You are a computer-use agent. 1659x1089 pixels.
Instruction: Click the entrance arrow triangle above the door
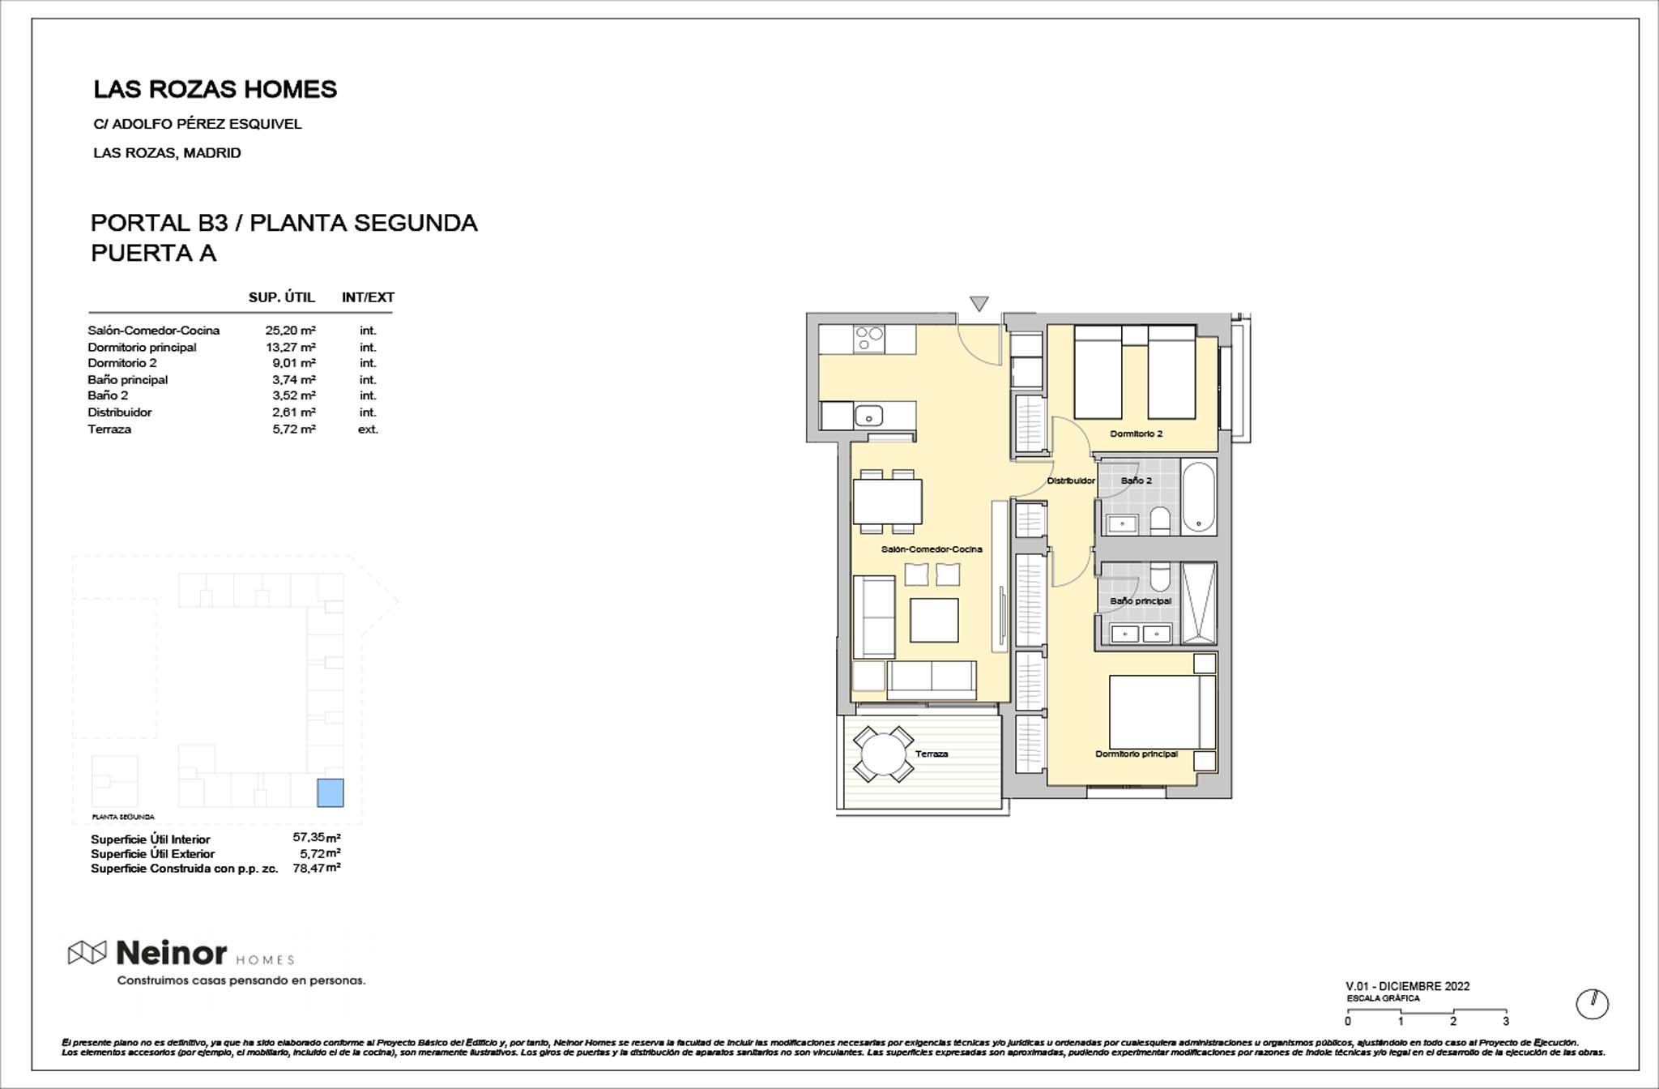pyautogui.click(x=979, y=304)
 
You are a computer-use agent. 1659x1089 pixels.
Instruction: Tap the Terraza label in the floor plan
pyautogui.click(x=932, y=754)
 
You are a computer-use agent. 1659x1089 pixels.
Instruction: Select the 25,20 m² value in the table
pyautogui.click(x=290, y=331)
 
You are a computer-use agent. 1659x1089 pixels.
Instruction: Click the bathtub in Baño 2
pyautogui.click(x=1198, y=497)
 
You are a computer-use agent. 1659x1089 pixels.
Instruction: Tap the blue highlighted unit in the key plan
pyautogui.click(x=330, y=792)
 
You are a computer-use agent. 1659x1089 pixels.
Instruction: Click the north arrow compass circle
pyautogui.click(x=1592, y=1005)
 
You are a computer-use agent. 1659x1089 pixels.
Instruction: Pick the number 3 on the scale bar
pyautogui.click(x=1506, y=1022)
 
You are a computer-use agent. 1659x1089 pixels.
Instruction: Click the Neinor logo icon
pyautogui.click(x=87, y=953)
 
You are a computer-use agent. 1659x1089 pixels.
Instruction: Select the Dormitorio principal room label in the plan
pyautogui.click(x=1136, y=754)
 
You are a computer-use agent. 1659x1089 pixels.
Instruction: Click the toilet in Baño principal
pyautogui.click(x=1160, y=578)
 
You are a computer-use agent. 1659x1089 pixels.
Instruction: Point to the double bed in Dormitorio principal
pyautogui.click(x=1161, y=712)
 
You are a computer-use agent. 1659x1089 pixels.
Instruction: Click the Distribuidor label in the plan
pyautogui.click(x=1070, y=481)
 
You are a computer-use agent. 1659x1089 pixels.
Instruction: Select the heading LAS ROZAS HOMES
pyautogui.click(x=215, y=90)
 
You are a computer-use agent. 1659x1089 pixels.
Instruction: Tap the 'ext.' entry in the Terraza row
pyautogui.click(x=368, y=429)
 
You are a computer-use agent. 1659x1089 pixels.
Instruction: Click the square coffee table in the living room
pyautogui.click(x=934, y=620)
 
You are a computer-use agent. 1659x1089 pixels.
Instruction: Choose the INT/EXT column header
pyautogui.click(x=368, y=297)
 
